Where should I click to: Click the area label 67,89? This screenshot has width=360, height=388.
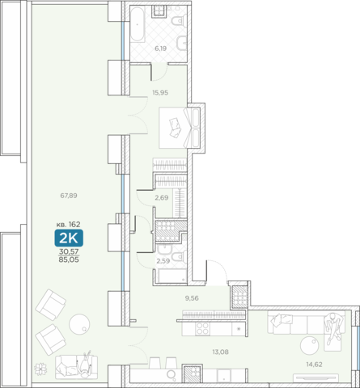click(x=69, y=196)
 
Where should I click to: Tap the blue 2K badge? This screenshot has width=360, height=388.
click(x=69, y=238)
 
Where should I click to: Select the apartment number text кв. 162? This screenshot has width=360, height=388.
click(x=68, y=224)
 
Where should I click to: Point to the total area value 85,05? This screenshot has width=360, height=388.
click(x=69, y=260)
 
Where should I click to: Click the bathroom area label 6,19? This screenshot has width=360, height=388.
click(x=160, y=48)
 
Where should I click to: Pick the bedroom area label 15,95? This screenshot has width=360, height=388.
click(x=160, y=93)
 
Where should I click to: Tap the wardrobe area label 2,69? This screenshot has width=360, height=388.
click(x=162, y=198)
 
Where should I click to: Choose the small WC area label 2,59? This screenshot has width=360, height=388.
click(x=163, y=261)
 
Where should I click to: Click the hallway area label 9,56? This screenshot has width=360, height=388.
click(x=192, y=298)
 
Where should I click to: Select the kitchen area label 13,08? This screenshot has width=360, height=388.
click(x=221, y=352)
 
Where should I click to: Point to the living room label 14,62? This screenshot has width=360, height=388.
click(x=314, y=365)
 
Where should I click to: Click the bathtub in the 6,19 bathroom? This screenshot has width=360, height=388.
click(x=138, y=24)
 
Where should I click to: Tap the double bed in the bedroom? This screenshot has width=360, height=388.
click(x=180, y=128)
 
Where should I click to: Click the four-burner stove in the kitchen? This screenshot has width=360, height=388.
click(x=202, y=328)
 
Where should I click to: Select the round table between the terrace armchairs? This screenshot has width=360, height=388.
click(x=79, y=324)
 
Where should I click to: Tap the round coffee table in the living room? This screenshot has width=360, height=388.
click(x=310, y=345)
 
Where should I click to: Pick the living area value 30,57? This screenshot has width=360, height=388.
click(x=69, y=251)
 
